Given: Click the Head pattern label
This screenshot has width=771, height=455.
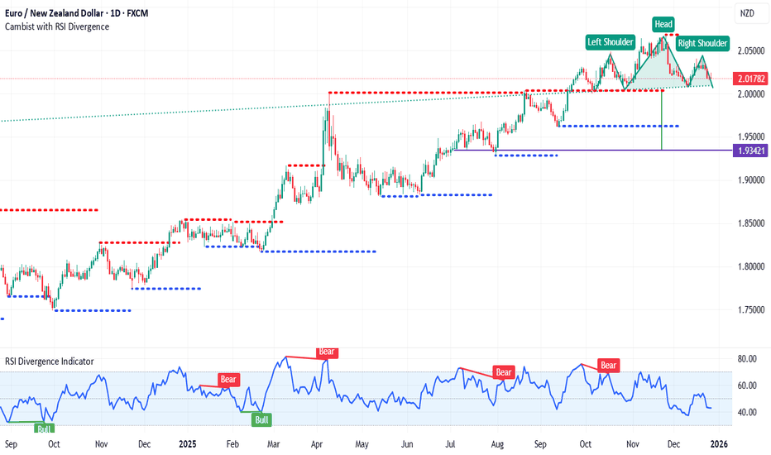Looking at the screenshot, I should (x=663, y=24).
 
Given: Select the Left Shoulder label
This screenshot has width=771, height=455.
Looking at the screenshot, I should (x=611, y=41).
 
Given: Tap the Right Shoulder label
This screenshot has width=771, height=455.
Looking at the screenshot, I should (x=702, y=43).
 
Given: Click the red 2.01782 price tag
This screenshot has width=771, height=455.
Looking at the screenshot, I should (x=749, y=79).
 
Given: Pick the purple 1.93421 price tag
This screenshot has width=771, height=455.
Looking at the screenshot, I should (x=749, y=151).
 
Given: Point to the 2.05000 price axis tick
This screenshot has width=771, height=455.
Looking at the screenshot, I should (x=749, y=50).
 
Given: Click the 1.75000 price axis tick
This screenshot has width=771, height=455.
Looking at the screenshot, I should (x=749, y=309).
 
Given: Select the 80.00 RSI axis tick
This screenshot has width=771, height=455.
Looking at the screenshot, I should (x=747, y=359).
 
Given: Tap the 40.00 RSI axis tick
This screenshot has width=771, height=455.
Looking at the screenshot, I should (x=747, y=412).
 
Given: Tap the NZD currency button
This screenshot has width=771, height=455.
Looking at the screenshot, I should (x=747, y=13).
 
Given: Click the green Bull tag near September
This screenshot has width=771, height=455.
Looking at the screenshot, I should (x=43, y=428).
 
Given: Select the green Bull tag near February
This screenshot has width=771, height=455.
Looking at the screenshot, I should (x=261, y=419).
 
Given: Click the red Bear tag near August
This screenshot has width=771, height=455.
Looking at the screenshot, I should (x=504, y=372).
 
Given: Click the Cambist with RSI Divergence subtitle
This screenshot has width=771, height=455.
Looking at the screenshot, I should (x=57, y=26).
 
